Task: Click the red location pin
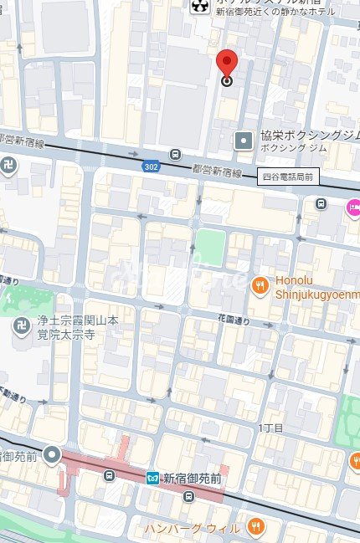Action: pyautogui.click(x=227, y=64)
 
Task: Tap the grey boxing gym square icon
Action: pyautogui.click(x=244, y=141)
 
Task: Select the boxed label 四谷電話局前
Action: pyautogui.click(x=287, y=176)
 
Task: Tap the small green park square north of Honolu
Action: pyautogui.click(x=210, y=247)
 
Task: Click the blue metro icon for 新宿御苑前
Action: pyautogui.click(x=152, y=478)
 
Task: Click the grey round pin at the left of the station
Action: pyautogui.click(x=52, y=456)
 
